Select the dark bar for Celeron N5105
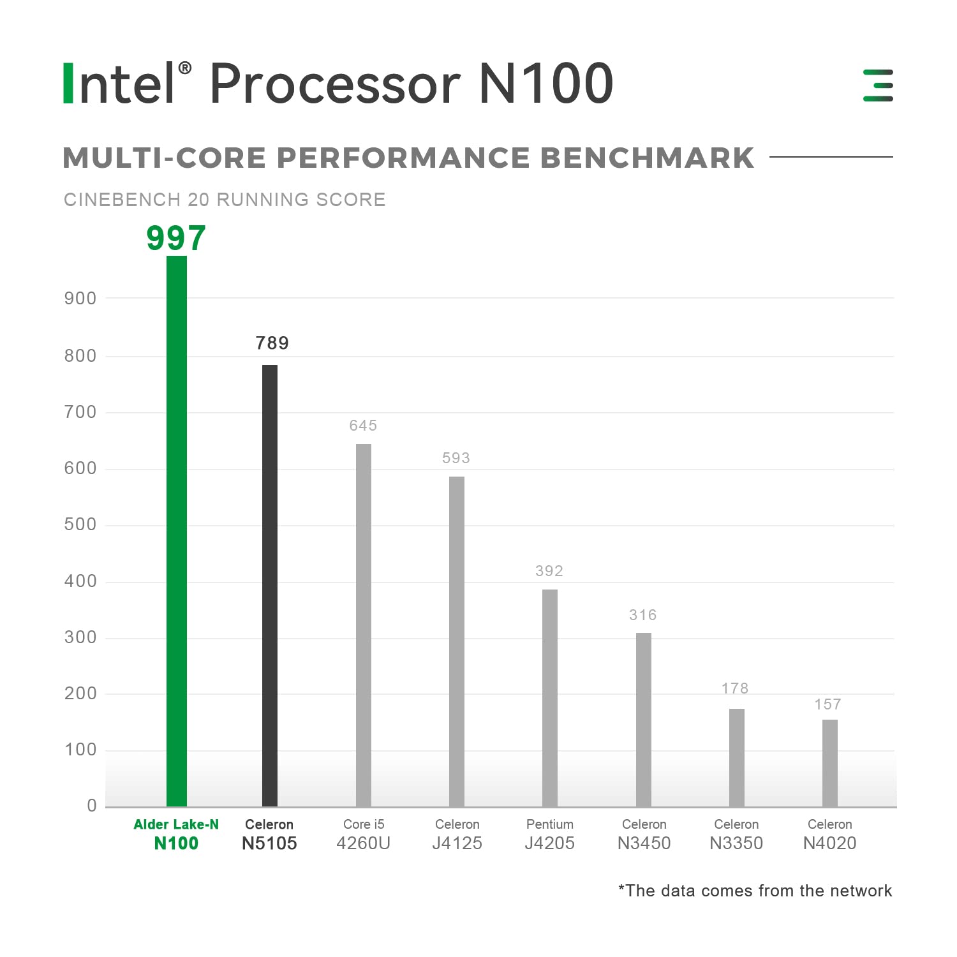[x=270, y=585]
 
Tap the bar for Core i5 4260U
[x=364, y=625]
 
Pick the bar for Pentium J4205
[x=550, y=697]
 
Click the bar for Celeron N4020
[x=830, y=763]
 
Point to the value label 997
[x=176, y=239]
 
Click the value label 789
[x=272, y=343]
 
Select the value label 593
[x=456, y=458]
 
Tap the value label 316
[x=643, y=615]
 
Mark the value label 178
[x=735, y=688]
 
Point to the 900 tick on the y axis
[x=80, y=298]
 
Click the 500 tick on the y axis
[x=80, y=524]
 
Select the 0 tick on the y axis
[x=92, y=806]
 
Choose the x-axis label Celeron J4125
[x=457, y=835]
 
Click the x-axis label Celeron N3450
[x=644, y=835]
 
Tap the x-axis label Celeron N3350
[x=736, y=835]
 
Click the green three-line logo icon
[x=878, y=85]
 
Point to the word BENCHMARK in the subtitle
[x=648, y=158]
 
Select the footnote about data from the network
[x=755, y=891]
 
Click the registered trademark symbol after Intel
[x=184, y=68]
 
